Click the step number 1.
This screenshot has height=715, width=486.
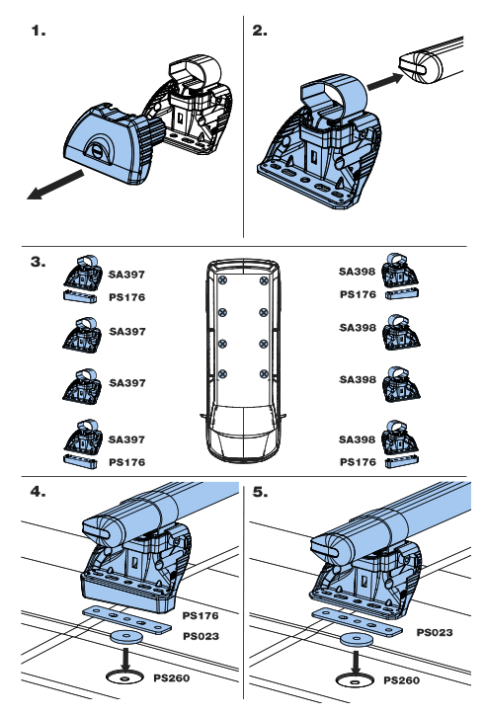pyautogui.click(x=39, y=31)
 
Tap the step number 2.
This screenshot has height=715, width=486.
pyautogui.click(x=260, y=31)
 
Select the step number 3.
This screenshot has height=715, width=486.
pyautogui.click(x=39, y=263)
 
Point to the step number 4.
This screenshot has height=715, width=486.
pyautogui.click(x=39, y=491)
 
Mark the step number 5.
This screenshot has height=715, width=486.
pyautogui.click(x=261, y=491)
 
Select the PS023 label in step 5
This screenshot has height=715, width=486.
pyautogui.click(x=436, y=632)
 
